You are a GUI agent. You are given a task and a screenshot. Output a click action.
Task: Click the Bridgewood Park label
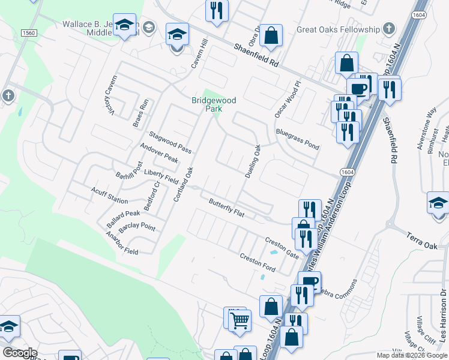click(214, 104)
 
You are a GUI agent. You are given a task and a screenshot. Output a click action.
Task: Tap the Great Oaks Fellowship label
click(339, 29)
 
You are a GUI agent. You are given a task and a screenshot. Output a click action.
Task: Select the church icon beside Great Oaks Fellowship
click(389, 29)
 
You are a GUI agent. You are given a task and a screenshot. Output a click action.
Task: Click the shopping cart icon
click(240, 320)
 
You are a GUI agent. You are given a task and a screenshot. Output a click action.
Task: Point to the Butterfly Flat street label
click(226, 208)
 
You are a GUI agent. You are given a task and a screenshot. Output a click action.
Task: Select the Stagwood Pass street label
click(170, 143)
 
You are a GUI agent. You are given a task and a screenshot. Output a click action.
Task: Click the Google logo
click(20, 353)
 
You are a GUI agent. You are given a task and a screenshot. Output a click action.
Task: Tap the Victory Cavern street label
click(109, 94)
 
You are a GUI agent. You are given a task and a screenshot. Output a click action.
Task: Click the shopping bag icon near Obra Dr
click(271, 35)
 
